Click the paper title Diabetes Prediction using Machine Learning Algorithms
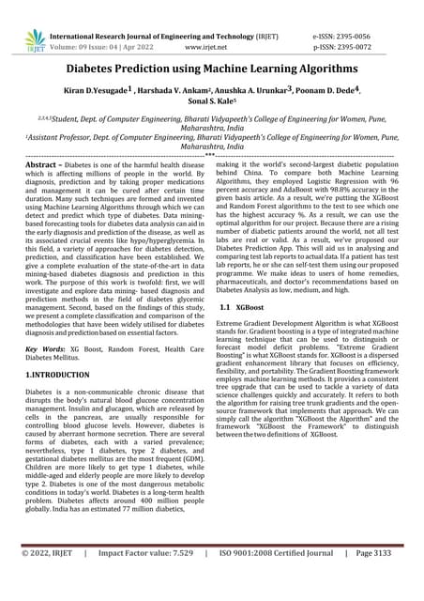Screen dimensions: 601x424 pos(212,69)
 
